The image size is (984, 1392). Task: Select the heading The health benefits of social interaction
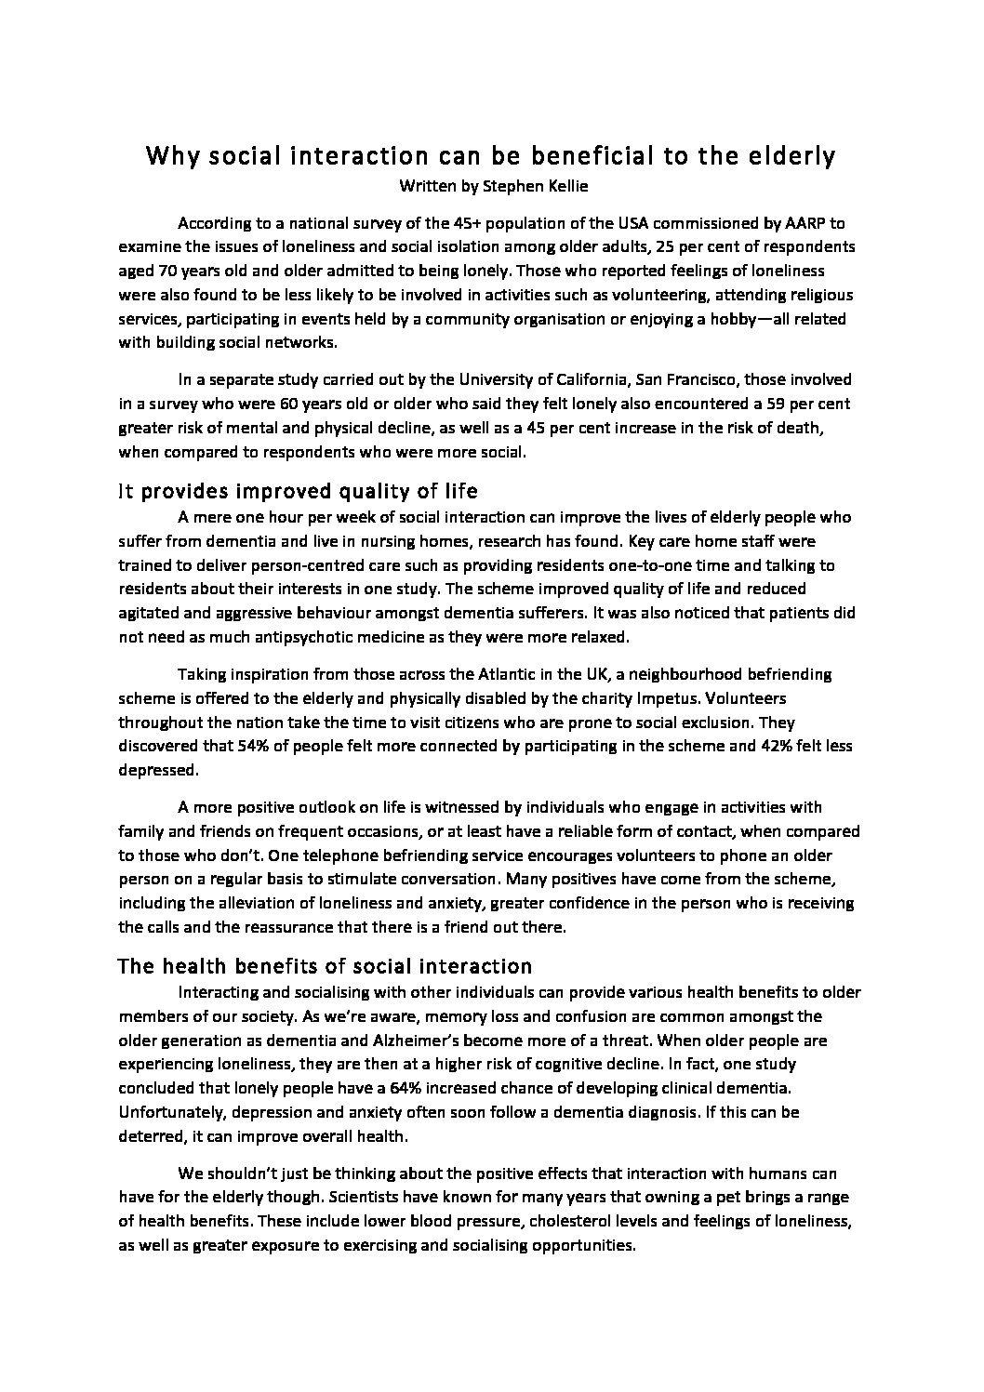[x=325, y=966]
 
